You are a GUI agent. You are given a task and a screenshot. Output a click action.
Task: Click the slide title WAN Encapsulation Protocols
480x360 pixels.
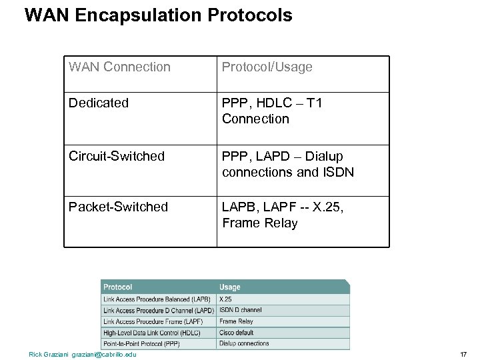coord(158,15)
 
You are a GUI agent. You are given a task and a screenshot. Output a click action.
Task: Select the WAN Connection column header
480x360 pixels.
coord(119,67)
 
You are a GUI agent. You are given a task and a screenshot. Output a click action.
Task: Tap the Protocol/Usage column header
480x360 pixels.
coord(267,67)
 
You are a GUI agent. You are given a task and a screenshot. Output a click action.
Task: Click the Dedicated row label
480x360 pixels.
coord(98,103)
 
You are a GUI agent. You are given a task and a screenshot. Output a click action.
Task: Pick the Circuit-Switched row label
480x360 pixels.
coord(116,156)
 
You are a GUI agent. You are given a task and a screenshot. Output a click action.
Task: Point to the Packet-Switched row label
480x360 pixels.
coord(118,207)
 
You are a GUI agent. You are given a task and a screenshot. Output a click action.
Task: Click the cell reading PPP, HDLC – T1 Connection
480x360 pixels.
coord(272,111)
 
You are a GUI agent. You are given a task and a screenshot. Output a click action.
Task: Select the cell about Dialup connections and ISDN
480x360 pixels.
coord(287,164)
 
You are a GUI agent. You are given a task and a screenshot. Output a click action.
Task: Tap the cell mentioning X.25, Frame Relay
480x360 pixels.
coord(283,215)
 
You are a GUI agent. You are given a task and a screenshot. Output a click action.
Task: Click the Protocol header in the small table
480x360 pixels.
coord(117,287)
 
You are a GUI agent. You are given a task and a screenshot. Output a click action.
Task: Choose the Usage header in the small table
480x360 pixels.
coord(229,287)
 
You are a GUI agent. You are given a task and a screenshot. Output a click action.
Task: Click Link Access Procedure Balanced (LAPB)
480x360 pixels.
coord(157,299)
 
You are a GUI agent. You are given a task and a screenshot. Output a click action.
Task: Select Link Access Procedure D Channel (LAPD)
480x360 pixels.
coord(158,311)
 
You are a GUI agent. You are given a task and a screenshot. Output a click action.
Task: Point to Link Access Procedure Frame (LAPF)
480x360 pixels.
coord(153,321)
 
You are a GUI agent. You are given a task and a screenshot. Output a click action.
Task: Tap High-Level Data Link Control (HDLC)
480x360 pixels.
coord(151,333)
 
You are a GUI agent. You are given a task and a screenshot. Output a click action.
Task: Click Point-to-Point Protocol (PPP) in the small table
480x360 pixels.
coord(142,343)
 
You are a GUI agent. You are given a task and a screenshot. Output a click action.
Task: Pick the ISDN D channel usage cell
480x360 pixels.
coord(240,311)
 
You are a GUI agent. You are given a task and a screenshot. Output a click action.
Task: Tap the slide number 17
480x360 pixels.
coord(463,354)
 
